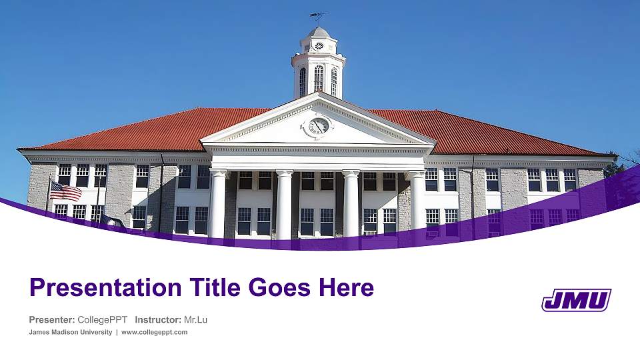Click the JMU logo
tap(576, 300)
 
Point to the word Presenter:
tap(51, 320)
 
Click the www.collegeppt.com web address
tap(155, 332)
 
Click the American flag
tap(65, 191)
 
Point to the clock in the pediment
tap(319, 126)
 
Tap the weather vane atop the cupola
tap(318, 15)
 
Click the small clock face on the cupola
tap(319, 46)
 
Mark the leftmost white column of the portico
tap(218, 203)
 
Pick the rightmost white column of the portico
tap(417, 203)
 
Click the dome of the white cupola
tap(319, 33)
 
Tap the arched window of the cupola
tap(319, 79)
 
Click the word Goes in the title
tap(281, 288)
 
